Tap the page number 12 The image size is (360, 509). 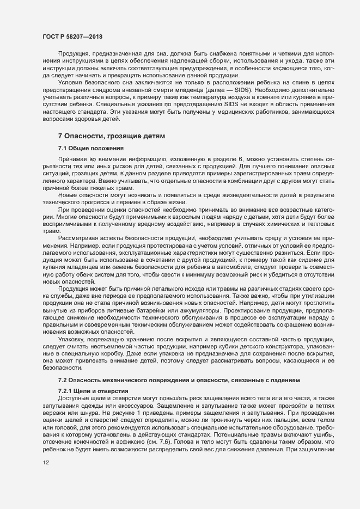point(46,478)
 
